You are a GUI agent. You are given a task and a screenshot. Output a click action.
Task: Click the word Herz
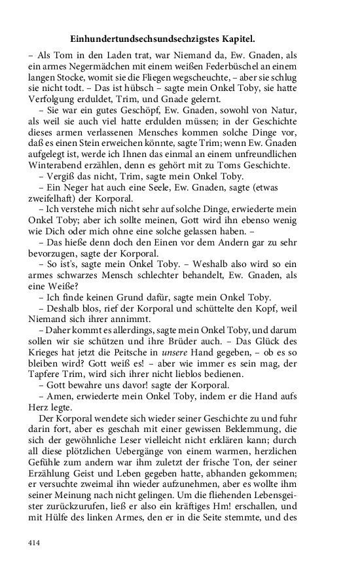[41, 409]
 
